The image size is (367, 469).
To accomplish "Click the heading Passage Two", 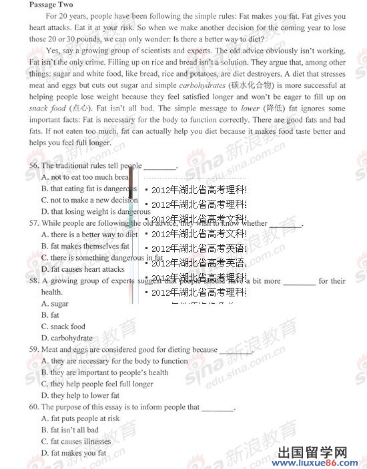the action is pyautogui.click(x=48, y=5).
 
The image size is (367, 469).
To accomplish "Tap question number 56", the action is pyautogui.click(x=34, y=166).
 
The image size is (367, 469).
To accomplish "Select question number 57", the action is pyautogui.click(x=34, y=224).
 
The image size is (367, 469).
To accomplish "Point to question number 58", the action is pyautogui.click(x=34, y=281).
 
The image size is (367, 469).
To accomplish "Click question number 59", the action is pyautogui.click(x=34, y=350).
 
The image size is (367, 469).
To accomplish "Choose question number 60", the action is pyautogui.click(x=34, y=407).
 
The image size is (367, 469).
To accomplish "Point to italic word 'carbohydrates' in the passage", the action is pyautogui.click(x=202, y=86).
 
